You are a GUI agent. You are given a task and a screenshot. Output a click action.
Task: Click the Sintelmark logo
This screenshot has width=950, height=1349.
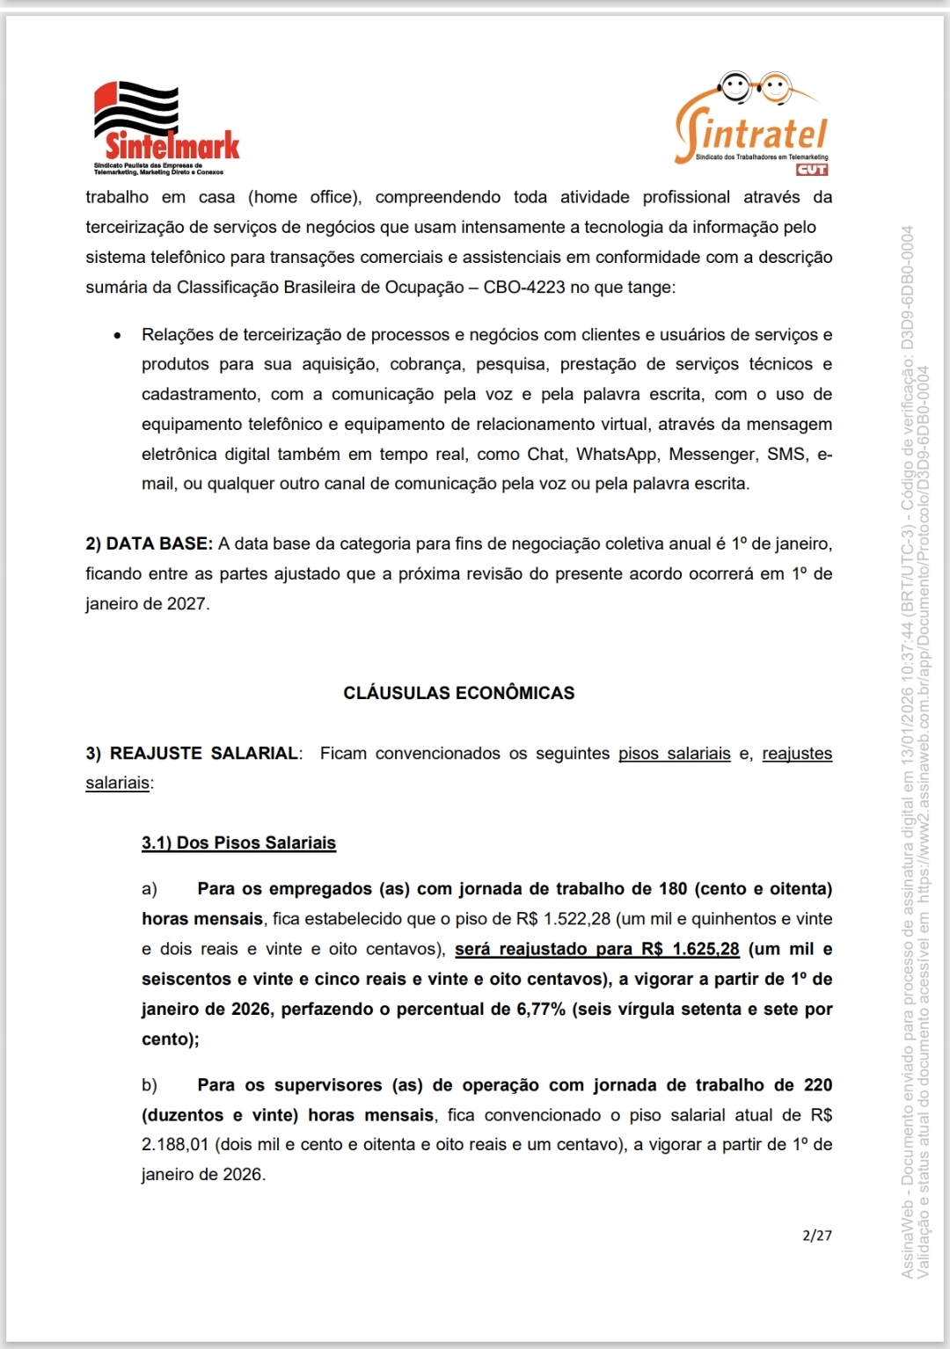[x=166, y=128]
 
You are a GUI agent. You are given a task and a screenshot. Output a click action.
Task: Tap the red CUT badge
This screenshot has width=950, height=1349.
[x=811, y=170]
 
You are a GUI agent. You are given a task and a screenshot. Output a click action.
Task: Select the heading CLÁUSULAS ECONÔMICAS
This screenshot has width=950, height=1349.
[x=458, y=693]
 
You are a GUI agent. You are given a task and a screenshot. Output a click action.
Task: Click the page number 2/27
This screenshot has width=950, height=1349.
[x=817, y=1236]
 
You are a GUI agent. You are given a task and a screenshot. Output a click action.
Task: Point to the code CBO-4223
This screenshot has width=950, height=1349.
[x=524, y=288]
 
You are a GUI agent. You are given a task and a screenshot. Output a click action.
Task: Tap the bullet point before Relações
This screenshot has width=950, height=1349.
[x=117, y=336]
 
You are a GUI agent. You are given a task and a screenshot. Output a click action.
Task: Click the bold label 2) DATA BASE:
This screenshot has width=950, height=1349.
[x=149, y=544]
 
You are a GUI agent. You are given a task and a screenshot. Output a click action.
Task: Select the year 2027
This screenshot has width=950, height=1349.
[x=186, y=604]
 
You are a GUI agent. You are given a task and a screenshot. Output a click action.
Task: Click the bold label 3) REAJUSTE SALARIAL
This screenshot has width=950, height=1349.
[x=192, y=754]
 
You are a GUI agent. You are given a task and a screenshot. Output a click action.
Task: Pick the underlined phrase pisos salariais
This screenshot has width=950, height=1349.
[x=674, y=754]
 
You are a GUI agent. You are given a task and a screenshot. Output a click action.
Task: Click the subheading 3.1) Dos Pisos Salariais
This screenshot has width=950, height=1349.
[x=238, y=843]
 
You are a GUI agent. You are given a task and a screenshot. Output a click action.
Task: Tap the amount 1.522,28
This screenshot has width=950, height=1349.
[x=576, y=919]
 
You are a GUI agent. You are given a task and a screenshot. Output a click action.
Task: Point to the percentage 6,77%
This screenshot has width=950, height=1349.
[x=540, y=1010]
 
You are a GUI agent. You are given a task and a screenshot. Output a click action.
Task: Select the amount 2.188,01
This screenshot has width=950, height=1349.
[x=175, y=1145]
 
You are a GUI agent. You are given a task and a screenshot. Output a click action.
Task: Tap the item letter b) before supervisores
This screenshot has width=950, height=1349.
[x=150, y=1085]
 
